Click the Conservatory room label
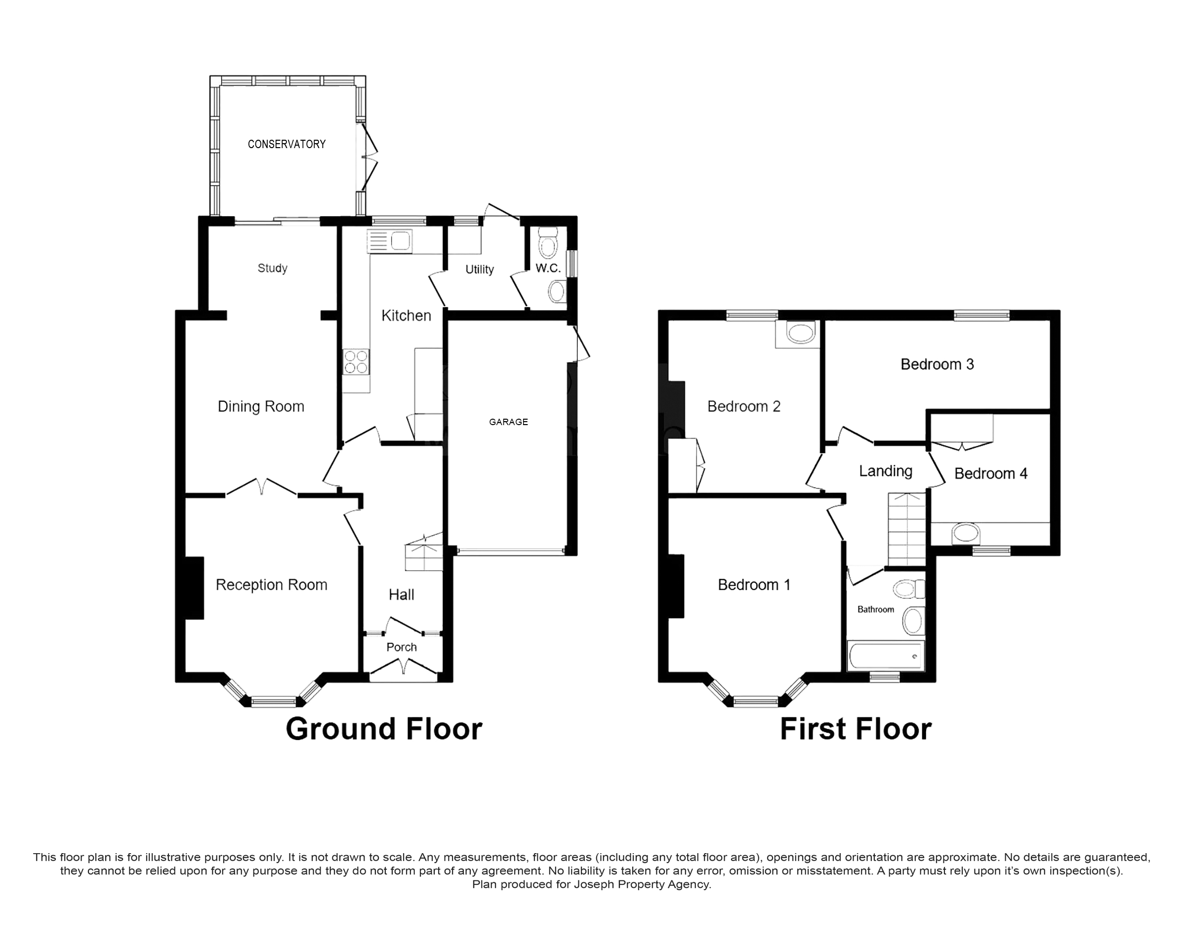click(286, 144)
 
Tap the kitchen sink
click(390, 241)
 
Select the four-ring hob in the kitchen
click(356, 362)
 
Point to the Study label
click(273, 268)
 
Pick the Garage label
click(509, 422)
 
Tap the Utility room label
click(480, 269)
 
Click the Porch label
click(402, 647)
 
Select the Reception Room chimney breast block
click(194, 588)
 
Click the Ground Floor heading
click(384, 729)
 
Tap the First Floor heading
click(856, 729)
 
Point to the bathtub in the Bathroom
click(886, 655)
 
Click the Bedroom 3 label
click(937, 364)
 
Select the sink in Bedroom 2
click(801, 333)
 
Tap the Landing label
click(886, 471)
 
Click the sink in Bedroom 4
click(966, 533)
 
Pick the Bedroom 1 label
click(754, 585)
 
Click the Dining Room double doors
click(262, 487)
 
